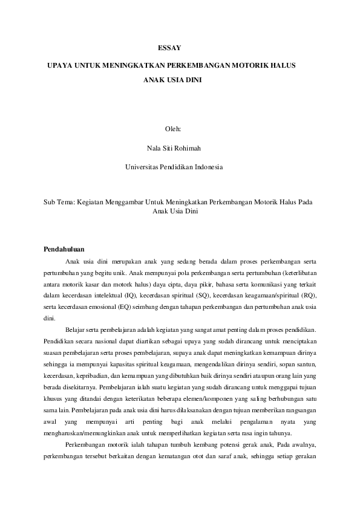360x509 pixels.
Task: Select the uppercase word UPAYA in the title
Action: click(59, 64)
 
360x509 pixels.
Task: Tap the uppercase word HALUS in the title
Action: click(283, 64)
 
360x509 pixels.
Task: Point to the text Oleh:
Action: click(173, 129)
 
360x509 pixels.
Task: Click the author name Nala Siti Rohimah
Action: click(173, 148)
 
